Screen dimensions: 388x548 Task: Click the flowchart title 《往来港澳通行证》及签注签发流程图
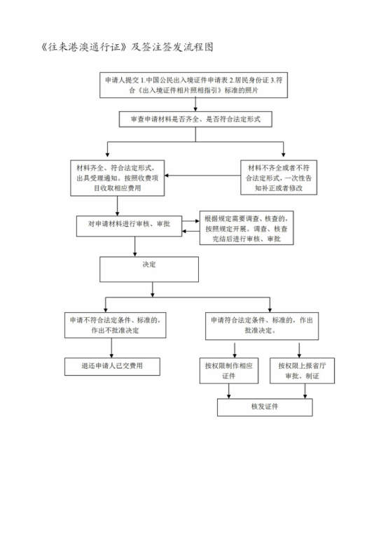(x=127, y=47)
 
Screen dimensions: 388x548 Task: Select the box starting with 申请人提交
(x=193, y=85)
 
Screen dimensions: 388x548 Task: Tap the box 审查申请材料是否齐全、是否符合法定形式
(x=195, y=119)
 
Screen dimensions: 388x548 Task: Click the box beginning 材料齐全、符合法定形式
(x=117, y=178)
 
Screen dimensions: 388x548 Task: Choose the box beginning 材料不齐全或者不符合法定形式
(x=279, y=178)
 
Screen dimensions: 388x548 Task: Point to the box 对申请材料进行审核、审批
(x=129, y=226)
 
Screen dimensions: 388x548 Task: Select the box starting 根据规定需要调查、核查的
(x=247, y=228)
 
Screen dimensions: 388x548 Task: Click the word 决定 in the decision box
(x=149, y=265)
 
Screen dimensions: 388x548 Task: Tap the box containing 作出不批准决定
(x=115, y=325)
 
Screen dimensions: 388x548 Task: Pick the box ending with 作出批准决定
(x=262, y=326)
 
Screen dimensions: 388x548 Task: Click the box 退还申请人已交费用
(x=112, y=367)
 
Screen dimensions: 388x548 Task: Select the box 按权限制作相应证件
(x=229, y=370)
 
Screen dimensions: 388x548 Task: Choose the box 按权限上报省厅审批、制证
(x=302, y=370)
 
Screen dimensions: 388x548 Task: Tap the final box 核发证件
(x=265, y=407)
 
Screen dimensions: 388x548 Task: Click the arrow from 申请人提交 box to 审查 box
(x=195, y=104)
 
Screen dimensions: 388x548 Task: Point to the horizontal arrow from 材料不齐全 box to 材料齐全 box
(x=202, y=175)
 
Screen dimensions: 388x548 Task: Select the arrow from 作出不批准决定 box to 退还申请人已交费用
(x=111, y=348)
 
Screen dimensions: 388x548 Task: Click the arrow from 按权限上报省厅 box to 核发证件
(x=305, y=391)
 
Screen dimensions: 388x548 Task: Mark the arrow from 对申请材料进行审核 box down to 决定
(x=135, y=247)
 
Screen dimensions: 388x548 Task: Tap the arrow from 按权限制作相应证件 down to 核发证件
(x=229, y=391)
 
